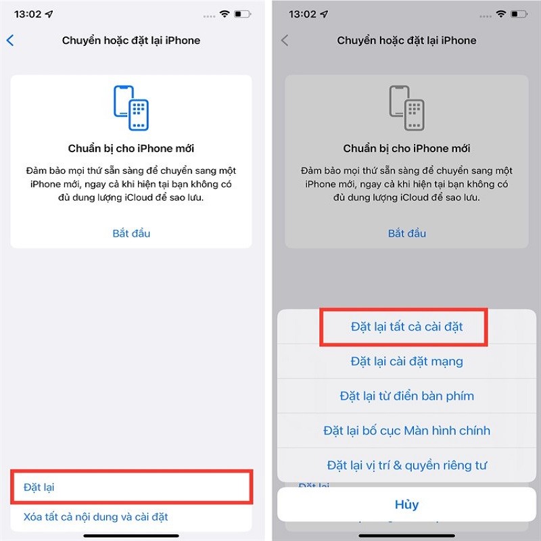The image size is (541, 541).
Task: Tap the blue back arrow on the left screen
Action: [10, 41]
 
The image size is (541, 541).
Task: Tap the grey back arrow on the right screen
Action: [285, 41]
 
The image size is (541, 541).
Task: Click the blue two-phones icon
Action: [131, 108]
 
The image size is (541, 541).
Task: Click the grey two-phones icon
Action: [406, 108]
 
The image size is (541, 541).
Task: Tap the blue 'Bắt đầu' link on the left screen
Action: [131, 233]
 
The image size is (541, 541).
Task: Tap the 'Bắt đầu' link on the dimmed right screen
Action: [407, 233]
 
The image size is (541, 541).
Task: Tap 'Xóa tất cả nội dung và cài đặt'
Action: [95, 517]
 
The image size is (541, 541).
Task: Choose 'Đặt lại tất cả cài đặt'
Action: [407, 327]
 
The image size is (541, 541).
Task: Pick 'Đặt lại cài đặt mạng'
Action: [407, 361]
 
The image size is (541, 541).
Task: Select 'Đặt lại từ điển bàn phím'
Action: [407, 396]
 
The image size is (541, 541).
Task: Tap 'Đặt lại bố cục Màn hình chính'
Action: [407, 430]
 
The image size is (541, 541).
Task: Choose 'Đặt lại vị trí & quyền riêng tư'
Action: [407, 465]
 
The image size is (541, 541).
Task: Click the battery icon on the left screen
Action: [241, 14]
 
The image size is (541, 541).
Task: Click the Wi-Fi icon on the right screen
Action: [500, 14]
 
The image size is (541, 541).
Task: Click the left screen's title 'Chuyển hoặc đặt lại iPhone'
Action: [131, 41]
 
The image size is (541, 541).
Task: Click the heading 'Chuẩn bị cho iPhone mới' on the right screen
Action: [406, 148]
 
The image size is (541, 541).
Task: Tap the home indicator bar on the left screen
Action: [131, 536]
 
